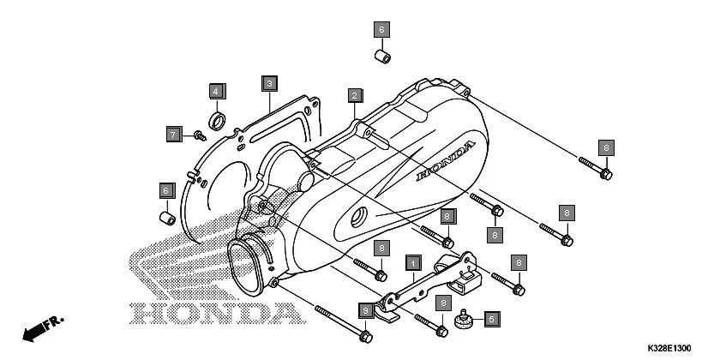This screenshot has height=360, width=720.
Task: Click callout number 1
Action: click(412, 261)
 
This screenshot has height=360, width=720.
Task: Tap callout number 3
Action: click(269, 83)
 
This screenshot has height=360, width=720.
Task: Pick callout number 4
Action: click(217, 90)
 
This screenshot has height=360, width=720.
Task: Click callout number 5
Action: click(491, 320)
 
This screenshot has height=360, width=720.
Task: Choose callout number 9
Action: click(365, 309)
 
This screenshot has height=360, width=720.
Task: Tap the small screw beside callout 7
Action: click(199, 134)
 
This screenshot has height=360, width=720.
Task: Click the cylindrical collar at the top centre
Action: click(381, 57)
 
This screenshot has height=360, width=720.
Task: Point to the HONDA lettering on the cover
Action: click(444, 163)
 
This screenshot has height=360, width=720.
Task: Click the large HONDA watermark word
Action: click(219, 311)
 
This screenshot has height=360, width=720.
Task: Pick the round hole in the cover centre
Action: click(358, 215)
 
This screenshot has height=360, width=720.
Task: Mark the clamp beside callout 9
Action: click(387, 315)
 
